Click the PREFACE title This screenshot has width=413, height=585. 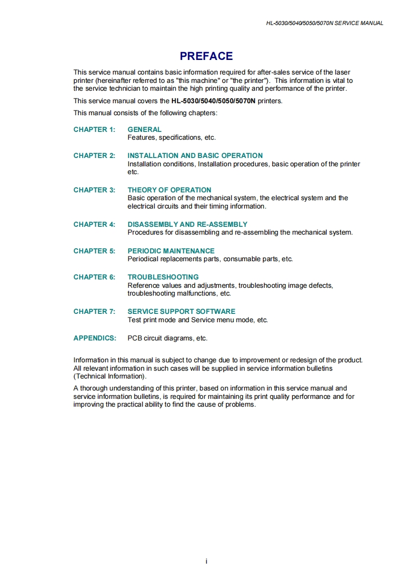click(x=206, y=56)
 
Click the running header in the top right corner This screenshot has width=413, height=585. click(x=324, y=23)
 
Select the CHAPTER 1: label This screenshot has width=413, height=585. click(x=94, y=129)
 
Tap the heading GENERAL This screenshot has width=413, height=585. click(x=144, y=129)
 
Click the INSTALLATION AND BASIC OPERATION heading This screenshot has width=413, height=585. click(x=195, y=155)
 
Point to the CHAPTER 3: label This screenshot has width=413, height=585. click(x=94, y=190)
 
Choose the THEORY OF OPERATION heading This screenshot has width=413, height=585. click(x=169, y=190)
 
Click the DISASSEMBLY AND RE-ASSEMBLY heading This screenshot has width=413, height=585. click(x=187, y=224)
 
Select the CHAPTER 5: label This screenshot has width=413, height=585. click(x=94, y=251)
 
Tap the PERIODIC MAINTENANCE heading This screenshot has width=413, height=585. click(x=171, y=251)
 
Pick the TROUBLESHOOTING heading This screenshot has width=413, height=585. click(x=163, y=277)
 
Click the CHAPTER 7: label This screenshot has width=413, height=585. click(x=94, y=311)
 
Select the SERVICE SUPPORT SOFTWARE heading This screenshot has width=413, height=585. click(x=181, y=311)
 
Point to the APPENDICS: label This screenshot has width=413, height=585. click(x=95, y=338)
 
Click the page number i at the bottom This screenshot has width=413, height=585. click(x=206, y=561)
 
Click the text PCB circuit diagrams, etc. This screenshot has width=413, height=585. click(x=167, y=338)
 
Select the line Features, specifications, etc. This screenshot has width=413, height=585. click(x=171, y=138)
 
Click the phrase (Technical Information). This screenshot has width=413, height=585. click(x=110, y=376)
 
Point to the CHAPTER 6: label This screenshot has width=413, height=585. click(x=94, y=277)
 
